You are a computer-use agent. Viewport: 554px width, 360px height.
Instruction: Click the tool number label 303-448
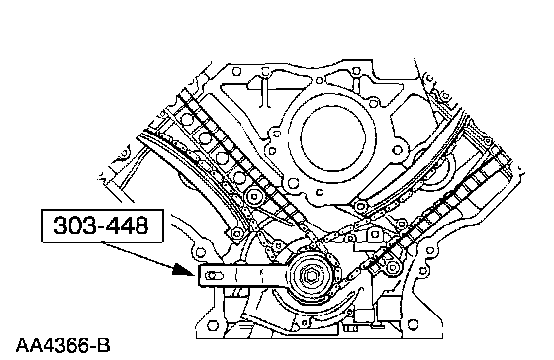[101, 225]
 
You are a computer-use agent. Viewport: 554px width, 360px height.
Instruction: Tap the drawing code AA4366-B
[63, 346]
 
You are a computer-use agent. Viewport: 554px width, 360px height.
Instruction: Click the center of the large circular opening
[332, 138]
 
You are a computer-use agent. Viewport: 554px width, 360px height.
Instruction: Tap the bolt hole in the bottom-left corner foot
[212, 325]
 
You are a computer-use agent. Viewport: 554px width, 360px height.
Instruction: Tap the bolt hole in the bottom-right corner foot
[413, 324]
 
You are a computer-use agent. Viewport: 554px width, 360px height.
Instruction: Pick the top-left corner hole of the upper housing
[236, 72]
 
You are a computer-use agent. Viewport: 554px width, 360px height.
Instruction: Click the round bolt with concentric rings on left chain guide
[254, 196]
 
